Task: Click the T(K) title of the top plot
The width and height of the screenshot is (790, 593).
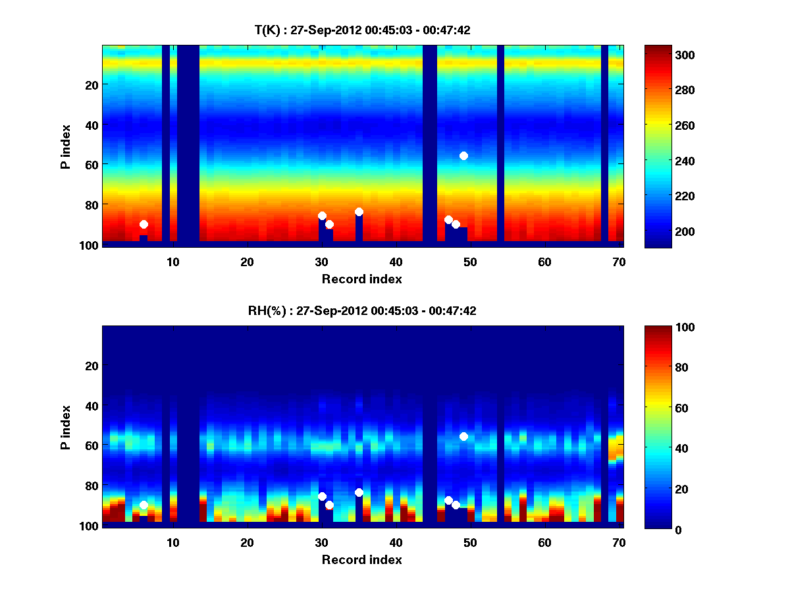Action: (362, 30)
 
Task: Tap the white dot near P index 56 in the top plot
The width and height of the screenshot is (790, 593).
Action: (463, 155)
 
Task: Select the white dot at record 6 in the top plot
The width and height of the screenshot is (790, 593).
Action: (144, 225)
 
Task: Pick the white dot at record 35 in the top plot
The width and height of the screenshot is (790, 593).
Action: (359, 212)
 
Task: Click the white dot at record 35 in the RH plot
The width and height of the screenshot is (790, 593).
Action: (359, 492)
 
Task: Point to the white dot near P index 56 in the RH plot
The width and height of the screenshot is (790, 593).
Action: (463, 436)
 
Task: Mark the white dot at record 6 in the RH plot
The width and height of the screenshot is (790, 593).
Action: (144, 505)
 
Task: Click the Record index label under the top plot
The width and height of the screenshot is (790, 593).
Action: (362, 279)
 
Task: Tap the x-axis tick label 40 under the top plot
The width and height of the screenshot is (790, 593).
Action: (396, 262)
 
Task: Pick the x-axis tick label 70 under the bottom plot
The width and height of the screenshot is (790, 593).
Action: (619, 542)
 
